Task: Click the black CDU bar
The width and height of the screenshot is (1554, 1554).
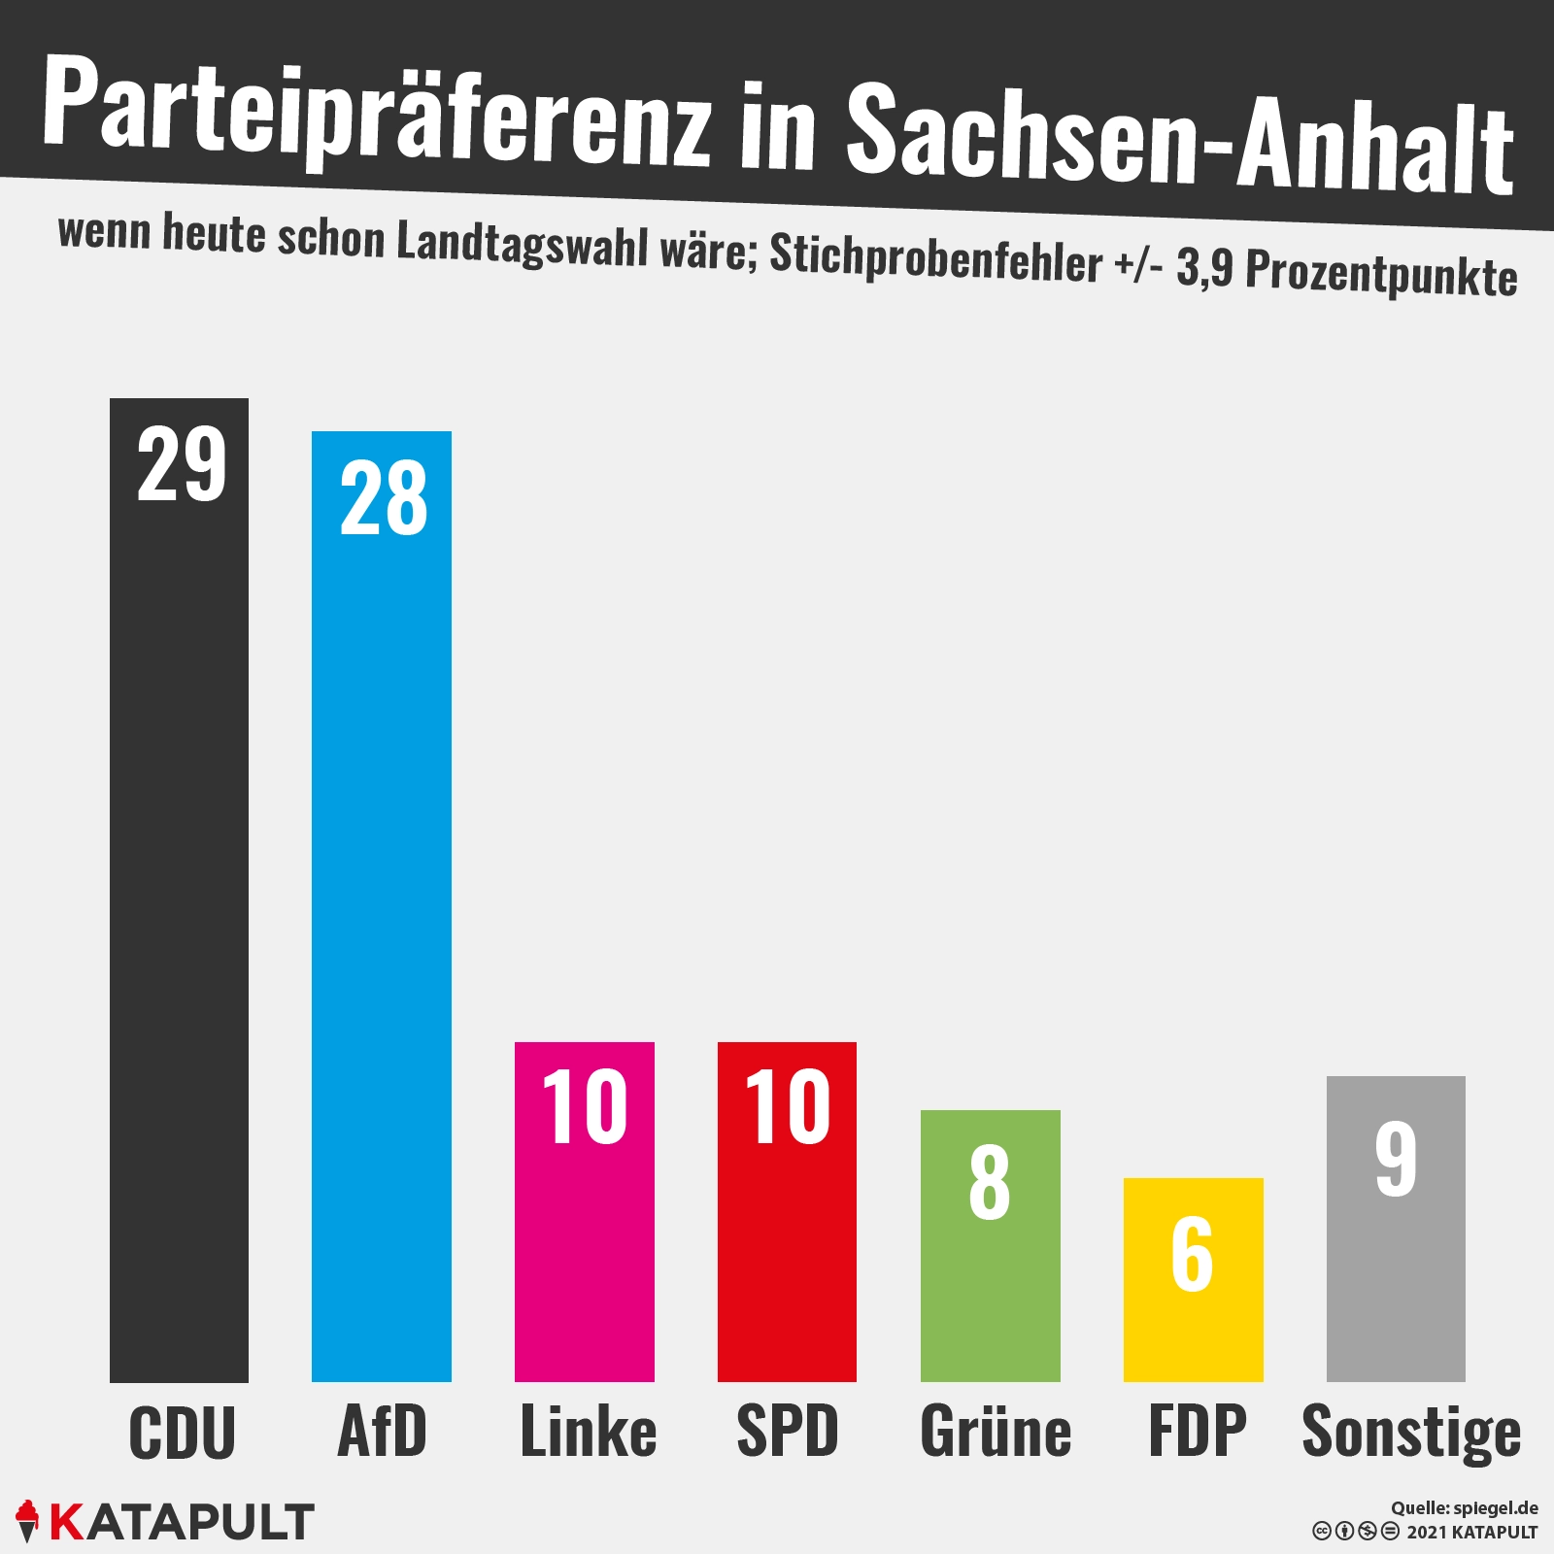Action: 179,923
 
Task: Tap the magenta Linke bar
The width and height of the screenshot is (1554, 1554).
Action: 585,1263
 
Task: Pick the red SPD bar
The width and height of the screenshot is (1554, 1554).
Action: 787,1263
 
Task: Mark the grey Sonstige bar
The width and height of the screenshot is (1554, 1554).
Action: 1396,1282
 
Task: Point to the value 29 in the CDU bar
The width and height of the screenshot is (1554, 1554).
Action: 182,465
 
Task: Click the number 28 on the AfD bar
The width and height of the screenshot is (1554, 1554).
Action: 384,498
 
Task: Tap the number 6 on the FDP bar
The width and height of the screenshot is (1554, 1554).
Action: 1192,1254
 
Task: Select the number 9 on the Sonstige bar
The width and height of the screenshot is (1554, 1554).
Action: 1396,1158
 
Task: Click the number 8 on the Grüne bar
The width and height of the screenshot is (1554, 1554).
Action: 990,1182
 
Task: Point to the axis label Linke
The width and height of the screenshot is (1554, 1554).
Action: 589,1432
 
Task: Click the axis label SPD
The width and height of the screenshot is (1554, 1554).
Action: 788,1432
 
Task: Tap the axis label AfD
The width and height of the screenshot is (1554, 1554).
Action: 382,1432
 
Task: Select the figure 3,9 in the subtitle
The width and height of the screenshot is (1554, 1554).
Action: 1204,267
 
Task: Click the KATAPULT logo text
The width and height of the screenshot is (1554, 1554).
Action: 181,1522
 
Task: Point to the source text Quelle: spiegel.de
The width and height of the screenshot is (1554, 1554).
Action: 1464,1508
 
